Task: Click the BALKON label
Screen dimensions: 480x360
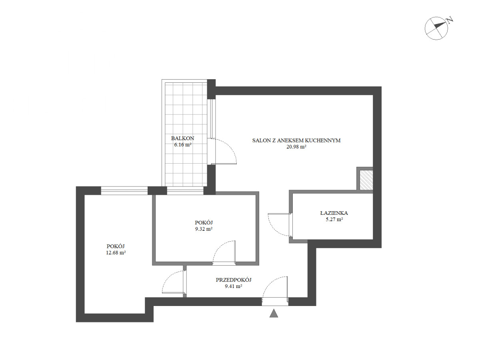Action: point(182,138)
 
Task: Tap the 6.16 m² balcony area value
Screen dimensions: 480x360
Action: point(183,145)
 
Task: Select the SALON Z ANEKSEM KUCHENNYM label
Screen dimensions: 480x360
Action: point(296,140)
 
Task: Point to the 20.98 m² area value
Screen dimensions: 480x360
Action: point(296,147)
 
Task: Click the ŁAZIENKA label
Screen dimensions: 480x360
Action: point(334,213)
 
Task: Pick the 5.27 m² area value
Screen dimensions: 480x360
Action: point(334,220)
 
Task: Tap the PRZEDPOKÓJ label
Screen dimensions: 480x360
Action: point(234,280)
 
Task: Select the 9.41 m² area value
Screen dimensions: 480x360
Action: point(233,286)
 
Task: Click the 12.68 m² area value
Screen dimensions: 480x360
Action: point(116,253)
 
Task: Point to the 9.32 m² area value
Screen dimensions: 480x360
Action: point(204,229)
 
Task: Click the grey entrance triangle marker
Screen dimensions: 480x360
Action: point(274,313)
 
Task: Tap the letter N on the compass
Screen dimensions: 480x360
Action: point(450,20)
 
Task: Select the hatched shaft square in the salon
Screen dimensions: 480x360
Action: point(366,180)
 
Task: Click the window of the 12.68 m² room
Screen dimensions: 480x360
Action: point(124,190)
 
